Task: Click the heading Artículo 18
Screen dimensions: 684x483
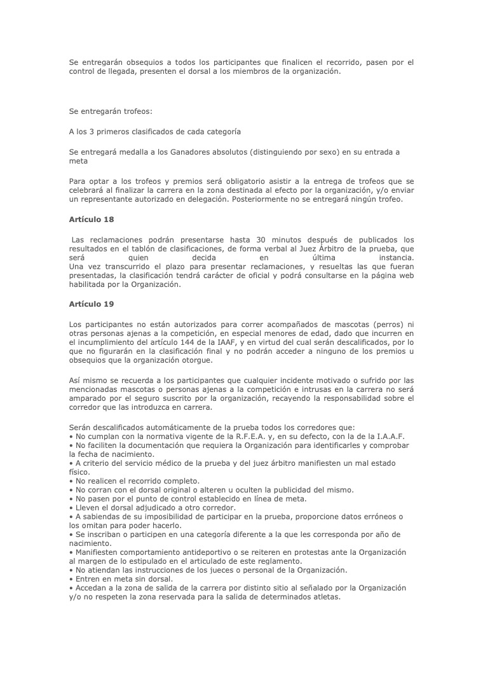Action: (92, 220)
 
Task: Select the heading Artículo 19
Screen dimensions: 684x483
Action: (92, 304)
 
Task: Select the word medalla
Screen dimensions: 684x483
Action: (130, 152)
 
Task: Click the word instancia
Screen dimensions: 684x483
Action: (396, 258)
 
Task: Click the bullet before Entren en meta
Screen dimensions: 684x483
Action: (71, 579)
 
